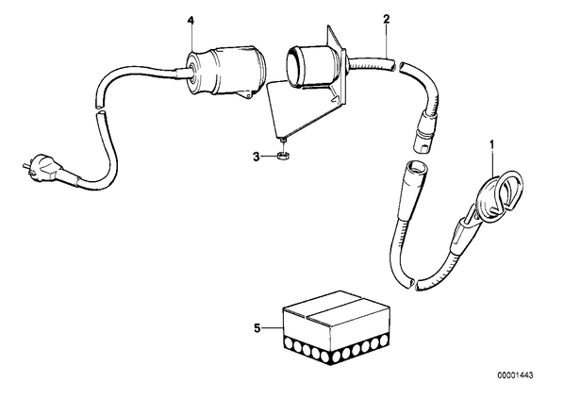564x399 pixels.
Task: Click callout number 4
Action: click(x=191, y=21)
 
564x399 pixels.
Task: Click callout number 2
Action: click(x=387, y=19)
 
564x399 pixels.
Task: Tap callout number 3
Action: click(x=257, y=157)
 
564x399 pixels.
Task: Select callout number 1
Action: click(x=492, y=144)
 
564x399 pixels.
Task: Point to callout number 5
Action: click(x=257, y=328)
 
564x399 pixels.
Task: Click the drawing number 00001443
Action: click(x=516, y=375)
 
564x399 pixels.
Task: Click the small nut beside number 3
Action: click(x=284, y=156)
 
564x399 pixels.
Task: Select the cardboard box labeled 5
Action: click(x=337, y=327)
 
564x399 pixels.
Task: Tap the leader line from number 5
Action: click(x=272, y=328)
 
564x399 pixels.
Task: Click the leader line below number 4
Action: click(x=191, y=40)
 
